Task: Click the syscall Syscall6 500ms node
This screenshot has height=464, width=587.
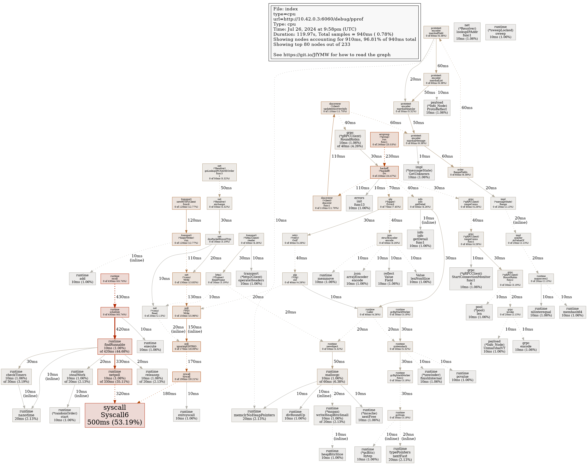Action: click(115, 415)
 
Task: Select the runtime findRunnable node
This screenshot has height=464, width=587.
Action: click(115, 346)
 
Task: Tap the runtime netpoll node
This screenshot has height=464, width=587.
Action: click(115, 377)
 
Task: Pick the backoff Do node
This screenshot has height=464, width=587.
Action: click(384, 172)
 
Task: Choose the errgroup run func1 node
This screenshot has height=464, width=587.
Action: click(384, 140)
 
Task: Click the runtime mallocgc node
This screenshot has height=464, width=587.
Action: click(332, 377)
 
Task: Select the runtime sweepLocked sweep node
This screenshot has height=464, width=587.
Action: click(500, 32)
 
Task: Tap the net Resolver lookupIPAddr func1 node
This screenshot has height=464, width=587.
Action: click(467, 32)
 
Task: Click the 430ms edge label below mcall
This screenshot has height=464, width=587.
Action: click(123, 297)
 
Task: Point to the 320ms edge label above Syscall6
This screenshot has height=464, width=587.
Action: click(123, 394)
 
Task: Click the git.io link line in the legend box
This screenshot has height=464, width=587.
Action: click(332, 55)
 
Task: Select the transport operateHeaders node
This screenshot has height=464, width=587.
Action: click(251, 278)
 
